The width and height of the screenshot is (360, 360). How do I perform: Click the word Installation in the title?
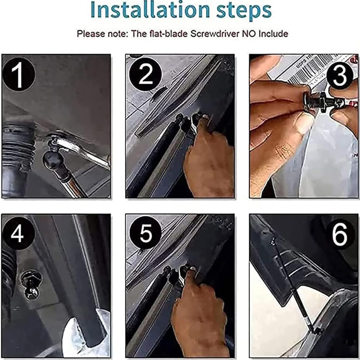[x=150, y=10]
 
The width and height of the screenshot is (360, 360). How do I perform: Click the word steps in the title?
[x=244, y=12]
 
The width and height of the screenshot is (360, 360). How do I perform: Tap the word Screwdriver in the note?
[x=215, y=34]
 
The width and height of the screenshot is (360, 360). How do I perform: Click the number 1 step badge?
[x=18, y=74]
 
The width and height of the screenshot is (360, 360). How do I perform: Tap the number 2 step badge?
[x=146, y=74]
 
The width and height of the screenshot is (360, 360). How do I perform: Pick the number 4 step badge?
[x=18, y=233]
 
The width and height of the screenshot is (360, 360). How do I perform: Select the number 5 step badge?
[x=146, y=233]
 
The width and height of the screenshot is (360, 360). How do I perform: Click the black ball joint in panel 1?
[x=53, y=159]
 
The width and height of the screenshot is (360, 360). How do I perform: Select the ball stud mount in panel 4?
[x=31, y=285]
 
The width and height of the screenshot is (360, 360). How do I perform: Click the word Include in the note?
[x=273, y=34]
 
